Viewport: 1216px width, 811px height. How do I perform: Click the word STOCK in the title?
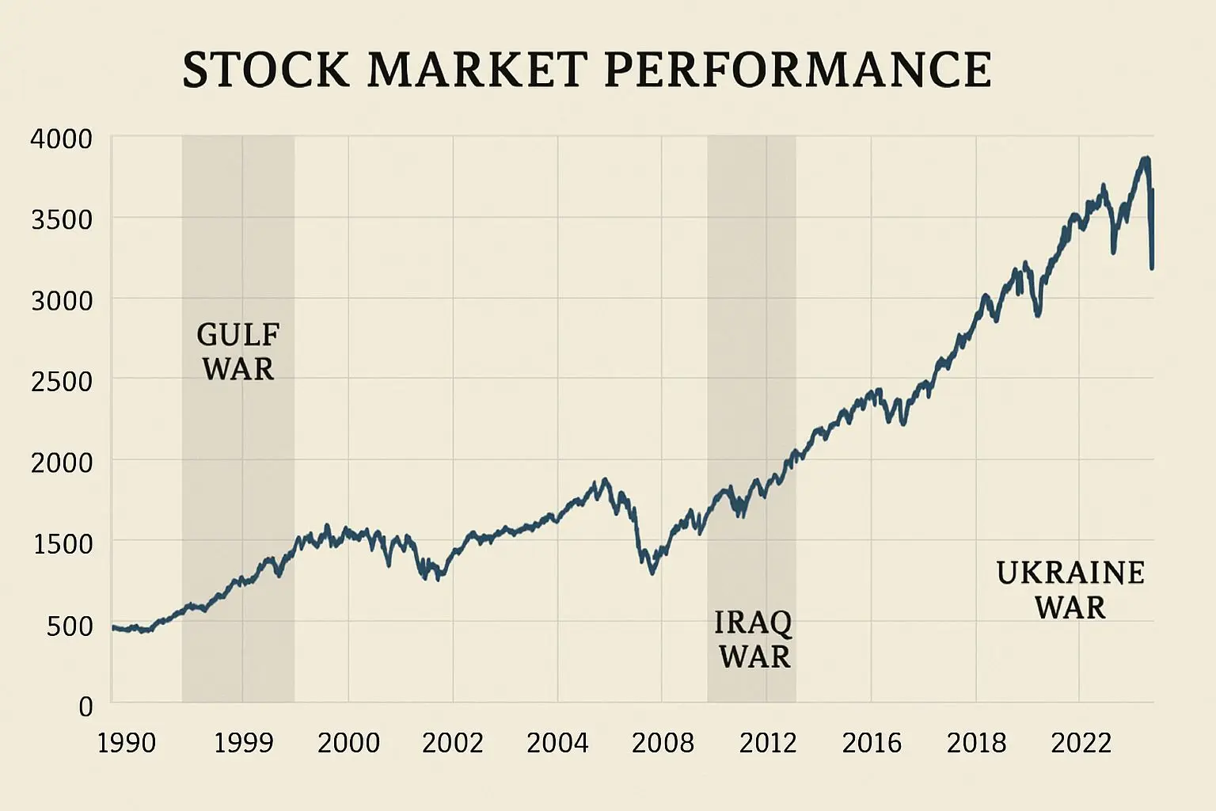click(265, 70)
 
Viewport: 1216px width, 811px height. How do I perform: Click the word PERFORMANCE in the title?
click(797, 70)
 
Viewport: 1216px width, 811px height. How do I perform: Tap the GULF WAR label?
click(238, 352)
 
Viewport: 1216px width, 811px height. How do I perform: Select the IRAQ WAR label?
click(754, 639)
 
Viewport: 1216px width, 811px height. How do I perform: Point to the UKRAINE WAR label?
click(1070, 590)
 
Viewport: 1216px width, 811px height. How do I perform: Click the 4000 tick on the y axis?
click(61, 139)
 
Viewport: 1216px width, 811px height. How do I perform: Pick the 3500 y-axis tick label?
click(61, 220)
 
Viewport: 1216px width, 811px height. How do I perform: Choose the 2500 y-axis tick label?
click(61, 382)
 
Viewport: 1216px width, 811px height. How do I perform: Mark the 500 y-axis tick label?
click(70, 626)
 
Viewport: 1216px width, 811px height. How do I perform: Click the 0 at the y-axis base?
click(85, 706)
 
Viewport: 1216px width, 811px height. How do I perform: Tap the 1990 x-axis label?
click(126, 743)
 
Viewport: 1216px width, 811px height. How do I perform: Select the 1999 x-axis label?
click(243, 743)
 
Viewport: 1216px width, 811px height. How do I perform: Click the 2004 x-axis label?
click(557, 743)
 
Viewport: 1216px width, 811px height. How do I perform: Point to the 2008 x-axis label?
click(663, 743)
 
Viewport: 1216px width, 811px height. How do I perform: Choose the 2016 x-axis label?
click(872, 743)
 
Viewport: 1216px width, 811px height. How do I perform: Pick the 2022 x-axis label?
click(1081, 743)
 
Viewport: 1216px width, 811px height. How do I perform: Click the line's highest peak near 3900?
click(1145, 160)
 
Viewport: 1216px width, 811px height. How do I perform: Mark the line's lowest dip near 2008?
click(652, 572)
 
